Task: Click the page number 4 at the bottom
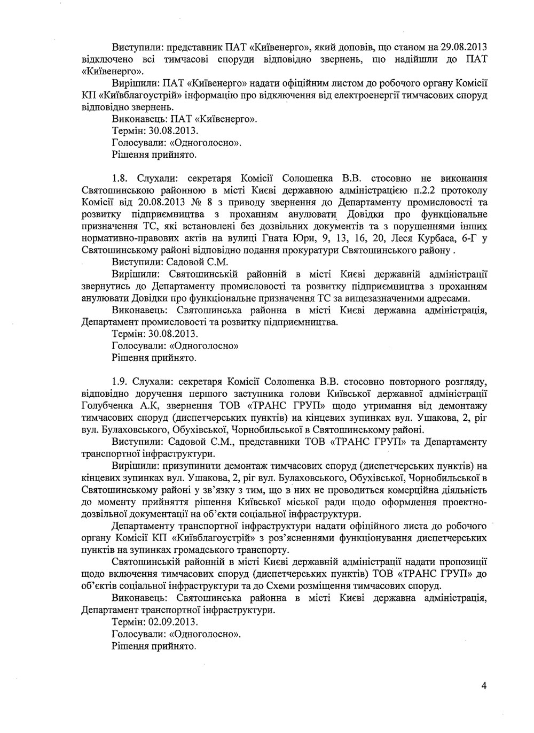483,686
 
